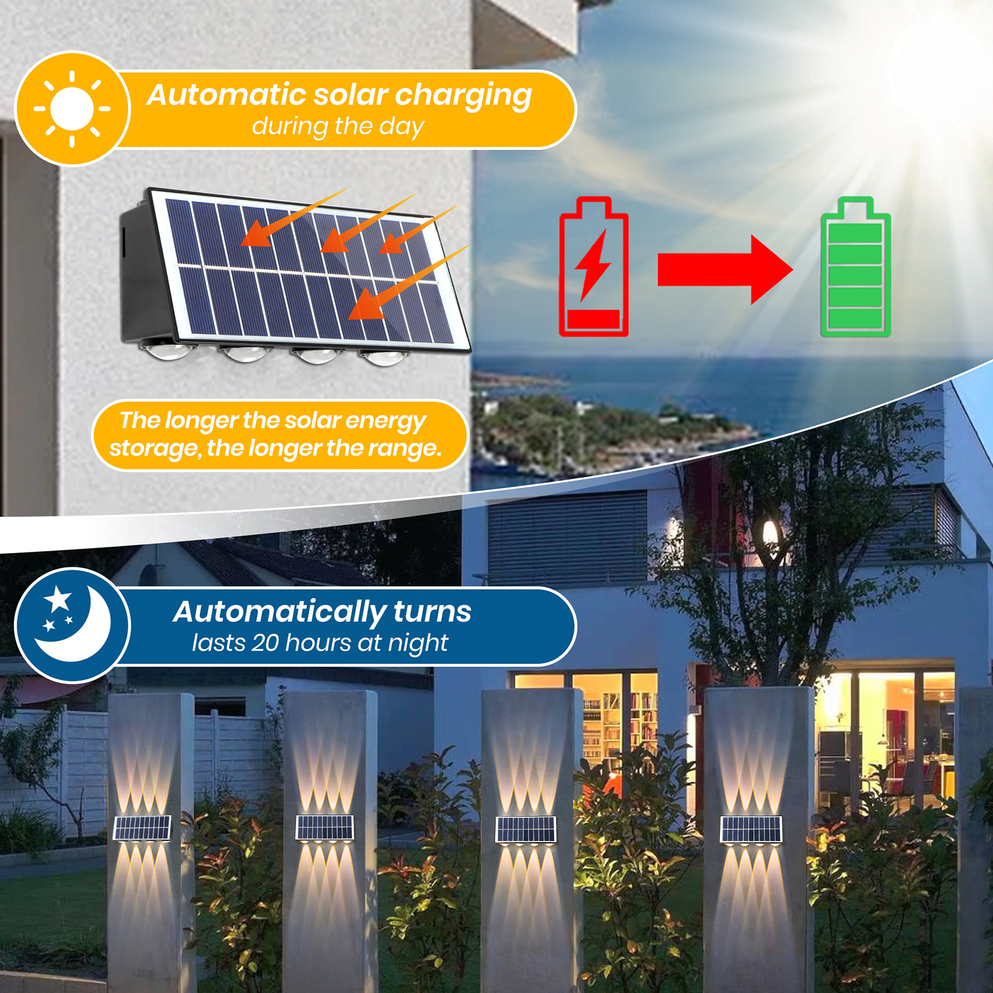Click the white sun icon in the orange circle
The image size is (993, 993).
[x=72, y=109]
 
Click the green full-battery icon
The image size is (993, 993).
[x=855, y=268]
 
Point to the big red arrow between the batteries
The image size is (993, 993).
[x=724, y=269]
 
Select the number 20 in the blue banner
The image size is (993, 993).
[x=265, y=643]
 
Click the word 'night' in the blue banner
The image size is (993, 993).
[x=418, y=644]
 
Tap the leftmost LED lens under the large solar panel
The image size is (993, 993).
[x=166, y=350]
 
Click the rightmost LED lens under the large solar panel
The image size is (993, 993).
[x=380, y=356]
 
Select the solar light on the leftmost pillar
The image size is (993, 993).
[x=142, y=829]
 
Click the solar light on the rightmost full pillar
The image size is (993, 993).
[x=751, y=830]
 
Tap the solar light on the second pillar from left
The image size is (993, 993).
[x=325, y=828]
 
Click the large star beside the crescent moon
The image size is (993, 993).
[x=58, y=599]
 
